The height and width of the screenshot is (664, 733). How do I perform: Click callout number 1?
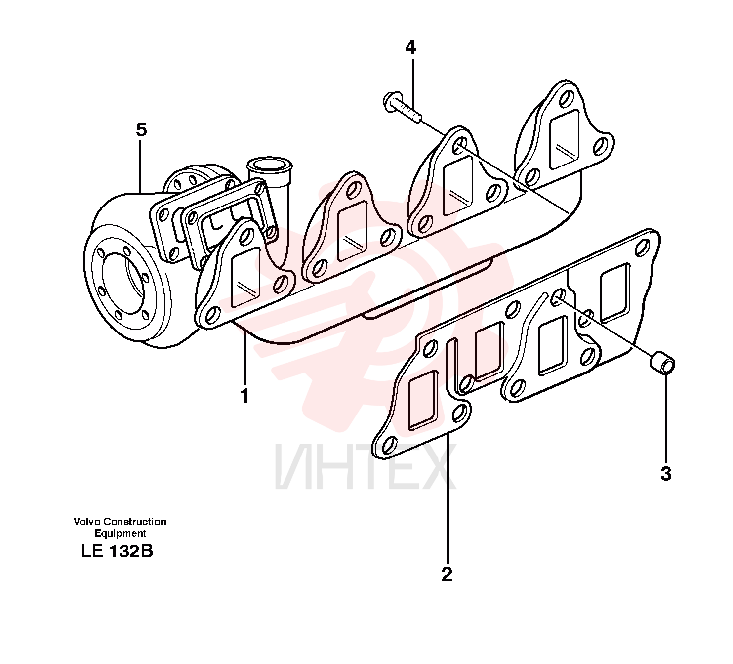(x=245, y=396)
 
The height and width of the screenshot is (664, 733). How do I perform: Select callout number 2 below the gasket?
(x=447, y=575)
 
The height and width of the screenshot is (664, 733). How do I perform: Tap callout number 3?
(x=666, y=474)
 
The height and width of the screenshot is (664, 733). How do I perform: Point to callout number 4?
(x=410, y=47)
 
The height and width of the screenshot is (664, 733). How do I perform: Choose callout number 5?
(x=141, y=130)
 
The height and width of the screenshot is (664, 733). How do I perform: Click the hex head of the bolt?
(x=392, y=99)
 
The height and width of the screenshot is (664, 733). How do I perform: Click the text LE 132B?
(x=117, y=552)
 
